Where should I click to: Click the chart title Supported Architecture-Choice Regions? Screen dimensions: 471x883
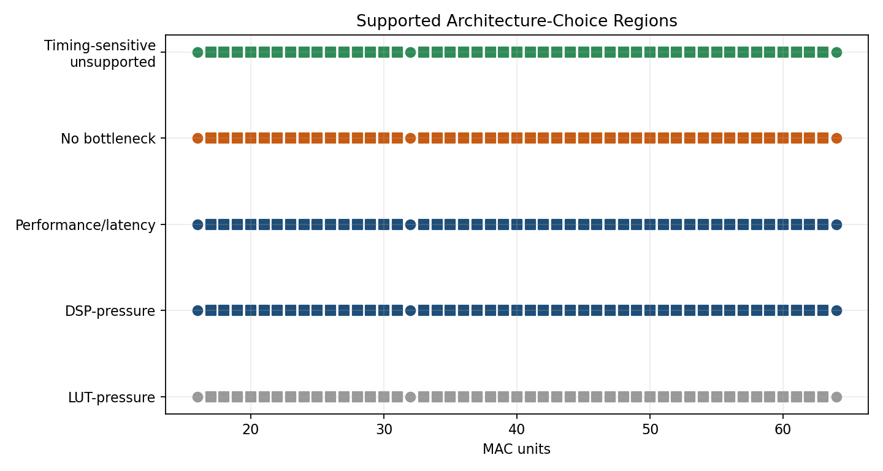tap(516, 21)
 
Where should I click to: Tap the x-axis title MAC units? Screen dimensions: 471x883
tap(516, 450)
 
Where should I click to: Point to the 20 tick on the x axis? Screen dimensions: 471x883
tap(251, 429)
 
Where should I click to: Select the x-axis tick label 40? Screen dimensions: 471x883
tap(516, 429)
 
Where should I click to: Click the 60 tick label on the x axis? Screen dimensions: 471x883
tap(783, 429)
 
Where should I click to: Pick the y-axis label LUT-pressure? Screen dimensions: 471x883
tap(112, 397)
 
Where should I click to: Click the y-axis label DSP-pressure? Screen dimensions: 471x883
tap(110, 311)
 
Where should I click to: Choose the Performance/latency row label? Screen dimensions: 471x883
tap(85, 225)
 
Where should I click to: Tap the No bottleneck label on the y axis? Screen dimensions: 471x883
tap(108, 139)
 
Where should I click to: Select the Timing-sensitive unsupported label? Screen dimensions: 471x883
tap(100, 54)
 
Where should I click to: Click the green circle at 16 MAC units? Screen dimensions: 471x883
tap(197, 52)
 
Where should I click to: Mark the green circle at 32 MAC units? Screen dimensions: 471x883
tap(410, 52)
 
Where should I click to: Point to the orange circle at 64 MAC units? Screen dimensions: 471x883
tap(836, 138)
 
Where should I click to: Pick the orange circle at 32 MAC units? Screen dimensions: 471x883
tap(410, 138)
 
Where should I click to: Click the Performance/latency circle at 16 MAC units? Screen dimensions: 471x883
tap(197, 224)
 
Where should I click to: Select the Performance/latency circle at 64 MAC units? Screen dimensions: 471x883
tap(836, 224)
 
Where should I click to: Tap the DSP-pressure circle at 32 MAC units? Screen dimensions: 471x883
tap(410, 310)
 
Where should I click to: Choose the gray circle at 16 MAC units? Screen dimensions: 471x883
tap(197, 397)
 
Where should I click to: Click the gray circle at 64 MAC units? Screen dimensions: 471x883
tap(836, 397)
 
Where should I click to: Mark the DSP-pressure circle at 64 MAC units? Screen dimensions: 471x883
tap(836, 310)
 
